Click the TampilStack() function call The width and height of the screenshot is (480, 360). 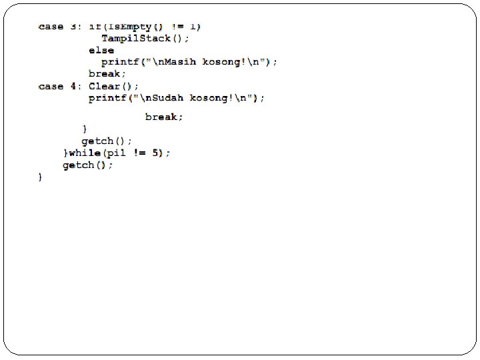[141, 38]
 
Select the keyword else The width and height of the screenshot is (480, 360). [101, 50]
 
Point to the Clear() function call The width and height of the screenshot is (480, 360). [114, 86]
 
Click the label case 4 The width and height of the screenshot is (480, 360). [60, 86]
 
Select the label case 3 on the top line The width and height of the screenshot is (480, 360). [60, 27]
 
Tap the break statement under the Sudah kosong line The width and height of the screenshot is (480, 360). [164, 117]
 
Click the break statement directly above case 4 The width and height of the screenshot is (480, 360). [107, 74]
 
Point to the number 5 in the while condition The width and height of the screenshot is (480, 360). [157, 153]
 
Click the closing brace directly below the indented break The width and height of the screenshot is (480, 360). [85, 129]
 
